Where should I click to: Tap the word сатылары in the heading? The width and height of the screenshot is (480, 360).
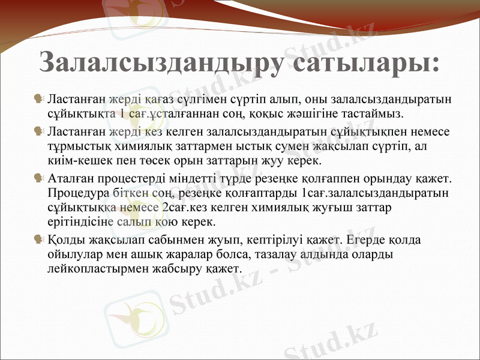pyautogui.click(x=365, y=62)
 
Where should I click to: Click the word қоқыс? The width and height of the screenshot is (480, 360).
pyautogui.click(x=262, y=112)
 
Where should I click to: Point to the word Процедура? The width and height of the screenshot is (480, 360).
pyautogui.click(x=79, y=193)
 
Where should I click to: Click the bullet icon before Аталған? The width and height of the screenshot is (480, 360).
pyautogui.click(x=39, y=178)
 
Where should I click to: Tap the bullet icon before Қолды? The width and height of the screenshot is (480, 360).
pyautogui.click(x=39, y=240)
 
